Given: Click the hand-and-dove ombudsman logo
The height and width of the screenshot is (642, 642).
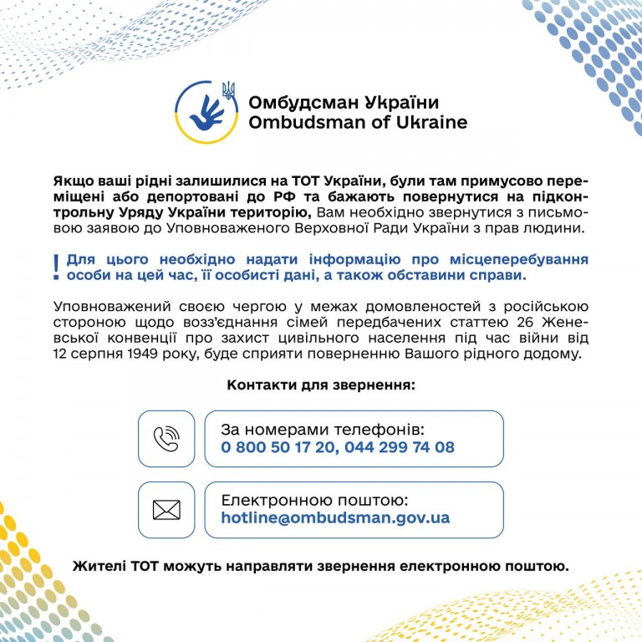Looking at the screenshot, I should coord(205,112).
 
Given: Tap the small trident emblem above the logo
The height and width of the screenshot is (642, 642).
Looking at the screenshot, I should coord(228,89).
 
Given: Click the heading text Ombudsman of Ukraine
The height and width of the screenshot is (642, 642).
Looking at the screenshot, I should coord(358,122).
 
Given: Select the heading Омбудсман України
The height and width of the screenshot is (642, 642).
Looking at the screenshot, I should coord(343,103).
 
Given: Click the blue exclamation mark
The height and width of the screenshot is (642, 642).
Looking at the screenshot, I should coord(56,267).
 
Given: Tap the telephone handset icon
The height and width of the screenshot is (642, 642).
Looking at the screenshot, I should coord(166,439).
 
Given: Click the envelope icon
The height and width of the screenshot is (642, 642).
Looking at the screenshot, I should coord(166,509).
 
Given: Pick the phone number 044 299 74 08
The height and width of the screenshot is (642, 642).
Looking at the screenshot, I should coord(400,447).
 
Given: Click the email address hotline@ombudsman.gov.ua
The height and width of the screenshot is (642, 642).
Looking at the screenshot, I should coord(335,518).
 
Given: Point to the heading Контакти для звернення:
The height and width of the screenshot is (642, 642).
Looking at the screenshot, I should coord(321,385).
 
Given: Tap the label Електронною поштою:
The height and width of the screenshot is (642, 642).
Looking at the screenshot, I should coord(314,500).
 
